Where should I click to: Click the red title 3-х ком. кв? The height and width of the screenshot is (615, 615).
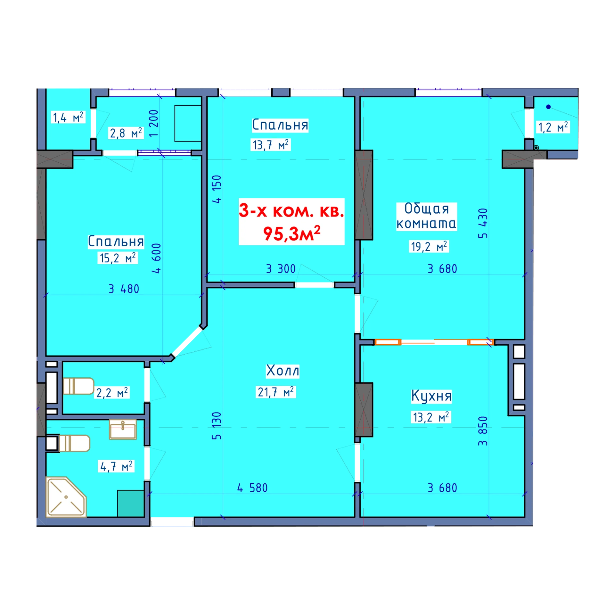coord(291,211)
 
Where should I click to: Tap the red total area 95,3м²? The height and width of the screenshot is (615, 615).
coord(291,233)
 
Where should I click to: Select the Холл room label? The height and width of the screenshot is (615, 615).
coord(283,371)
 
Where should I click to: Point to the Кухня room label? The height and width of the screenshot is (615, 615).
coord(431,396)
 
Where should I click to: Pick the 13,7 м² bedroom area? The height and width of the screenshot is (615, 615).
coord(271,145)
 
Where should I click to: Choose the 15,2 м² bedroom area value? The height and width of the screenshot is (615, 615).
coord(118,258)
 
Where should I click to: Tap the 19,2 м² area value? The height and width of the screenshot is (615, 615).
coord(429,246)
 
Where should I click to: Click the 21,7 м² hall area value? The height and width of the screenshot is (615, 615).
coord(276,392)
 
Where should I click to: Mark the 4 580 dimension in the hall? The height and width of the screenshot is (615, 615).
coord(252,488)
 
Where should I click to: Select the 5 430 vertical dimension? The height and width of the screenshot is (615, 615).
coord(483,223)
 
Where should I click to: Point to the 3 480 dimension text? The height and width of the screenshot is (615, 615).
coord(124,289)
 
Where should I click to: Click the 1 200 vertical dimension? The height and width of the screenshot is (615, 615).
coord(153,123)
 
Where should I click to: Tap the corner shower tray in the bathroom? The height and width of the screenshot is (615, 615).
coord(66,497)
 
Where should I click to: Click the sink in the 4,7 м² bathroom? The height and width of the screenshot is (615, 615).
coord(123,430)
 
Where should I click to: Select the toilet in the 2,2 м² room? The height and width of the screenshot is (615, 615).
coord(78,386)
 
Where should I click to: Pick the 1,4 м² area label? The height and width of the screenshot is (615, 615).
coord(68,117)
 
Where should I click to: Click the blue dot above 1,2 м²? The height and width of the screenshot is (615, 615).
coord(548,107)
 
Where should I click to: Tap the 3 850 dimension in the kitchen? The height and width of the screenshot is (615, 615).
coord(483,431)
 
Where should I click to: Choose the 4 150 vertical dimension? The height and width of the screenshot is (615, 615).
coord(217,189)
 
